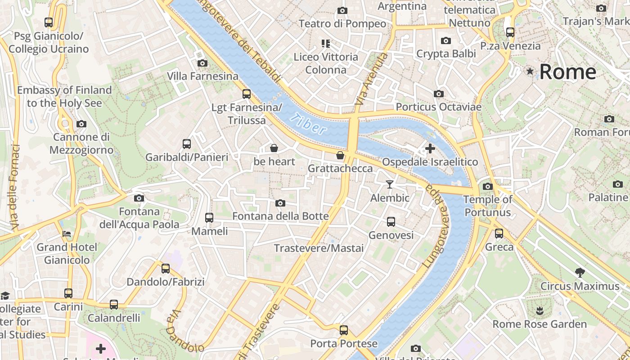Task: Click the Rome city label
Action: click(x=567, y=72)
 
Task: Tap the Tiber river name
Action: click(x=309, y=124)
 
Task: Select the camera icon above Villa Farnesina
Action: click(x=202, y=63)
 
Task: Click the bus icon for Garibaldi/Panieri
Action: click(x=187, y=144)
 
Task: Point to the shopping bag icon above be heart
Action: click(x=274, y=148)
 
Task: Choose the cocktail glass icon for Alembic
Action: click(x=390, y=184)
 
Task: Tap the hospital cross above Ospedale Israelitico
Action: click(x=430, y=148)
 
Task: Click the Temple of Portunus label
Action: click(x=488, y=206)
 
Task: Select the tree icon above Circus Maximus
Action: click(x=580, y=272)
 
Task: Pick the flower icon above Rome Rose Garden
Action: click(x=539, y=310)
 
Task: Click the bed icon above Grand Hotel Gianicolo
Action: click(x=67, y=234)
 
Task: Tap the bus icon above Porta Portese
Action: click(x=344, y=330)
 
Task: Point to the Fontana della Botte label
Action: click(x=280, y=216)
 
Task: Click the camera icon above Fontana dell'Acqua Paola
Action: click(x=139, y=198)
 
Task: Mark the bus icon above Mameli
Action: click(x=209, y=218)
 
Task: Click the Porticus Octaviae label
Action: click(x=438, y=107)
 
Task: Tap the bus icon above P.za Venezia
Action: click(x=510, y=32)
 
